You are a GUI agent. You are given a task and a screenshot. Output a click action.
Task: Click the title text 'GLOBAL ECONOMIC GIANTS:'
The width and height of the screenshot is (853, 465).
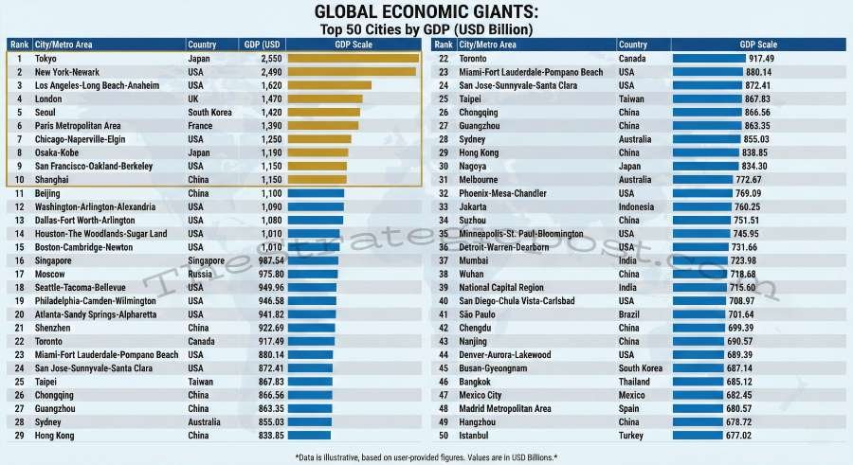[x=426, y=12]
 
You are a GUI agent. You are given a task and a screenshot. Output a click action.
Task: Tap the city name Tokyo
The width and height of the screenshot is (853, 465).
[x=45, y=59]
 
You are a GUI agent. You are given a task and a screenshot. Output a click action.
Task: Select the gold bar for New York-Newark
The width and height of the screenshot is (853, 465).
[x=352, y=72]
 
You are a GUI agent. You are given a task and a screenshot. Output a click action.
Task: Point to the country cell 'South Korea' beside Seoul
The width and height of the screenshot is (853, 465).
[x=209, y=112]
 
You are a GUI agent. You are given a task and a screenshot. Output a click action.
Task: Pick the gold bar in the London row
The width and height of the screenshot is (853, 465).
[x=324, y=98]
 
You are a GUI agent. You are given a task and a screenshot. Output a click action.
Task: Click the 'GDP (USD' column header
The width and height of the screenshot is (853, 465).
[x=262, y=45]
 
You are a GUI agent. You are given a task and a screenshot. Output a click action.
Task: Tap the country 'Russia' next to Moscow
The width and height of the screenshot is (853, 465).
[x=200, y=274]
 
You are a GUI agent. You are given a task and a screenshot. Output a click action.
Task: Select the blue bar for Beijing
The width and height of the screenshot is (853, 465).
[x=316, y=193]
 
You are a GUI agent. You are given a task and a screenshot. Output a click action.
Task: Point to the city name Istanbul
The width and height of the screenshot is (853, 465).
[x=475, y=436]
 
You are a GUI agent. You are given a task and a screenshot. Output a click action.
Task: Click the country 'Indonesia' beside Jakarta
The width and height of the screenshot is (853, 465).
[x=637, y=206]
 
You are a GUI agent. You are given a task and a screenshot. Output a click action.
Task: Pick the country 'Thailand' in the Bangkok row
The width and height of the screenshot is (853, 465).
[x=635, y=382]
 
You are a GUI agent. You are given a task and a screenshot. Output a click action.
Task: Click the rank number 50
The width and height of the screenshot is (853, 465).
[x=443, y=436]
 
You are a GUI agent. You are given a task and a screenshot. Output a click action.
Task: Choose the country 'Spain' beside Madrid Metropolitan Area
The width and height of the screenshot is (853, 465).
[x=629, y=408]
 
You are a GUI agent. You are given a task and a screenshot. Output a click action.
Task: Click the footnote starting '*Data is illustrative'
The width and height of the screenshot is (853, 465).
[x=426, y=457]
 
